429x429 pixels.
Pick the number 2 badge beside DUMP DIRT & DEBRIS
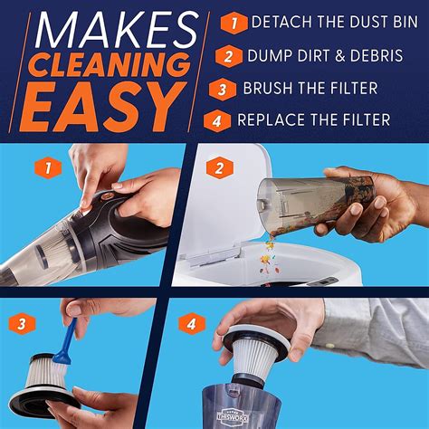pos(229,54)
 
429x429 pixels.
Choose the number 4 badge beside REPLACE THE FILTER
pos(217,119)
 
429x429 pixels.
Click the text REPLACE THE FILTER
pos(313,119)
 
